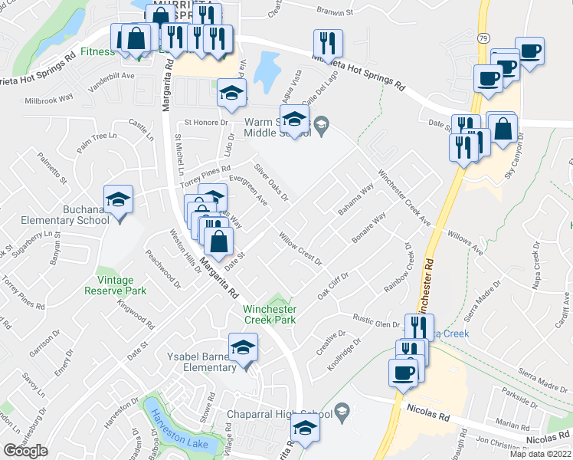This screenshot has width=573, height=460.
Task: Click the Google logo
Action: click(26, 451)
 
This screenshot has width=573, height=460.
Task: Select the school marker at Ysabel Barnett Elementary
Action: click(244, 348)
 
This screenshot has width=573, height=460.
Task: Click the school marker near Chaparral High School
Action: click(305, 430)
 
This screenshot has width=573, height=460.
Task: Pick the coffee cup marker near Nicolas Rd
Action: click(403, 373)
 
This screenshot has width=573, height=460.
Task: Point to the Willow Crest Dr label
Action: click(300, 249)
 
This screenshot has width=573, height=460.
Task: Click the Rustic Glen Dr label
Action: click(376, 320)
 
